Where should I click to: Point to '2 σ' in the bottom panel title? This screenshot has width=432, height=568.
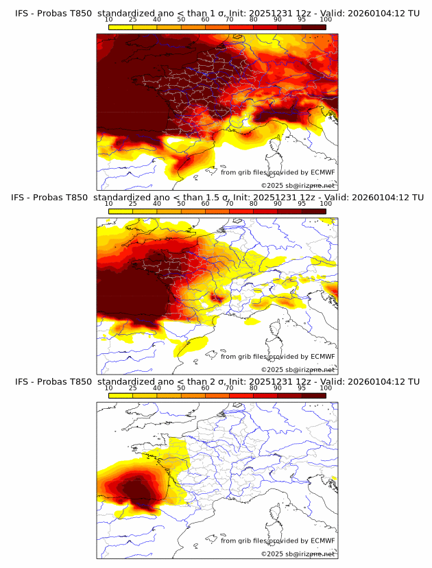tap(211, 381)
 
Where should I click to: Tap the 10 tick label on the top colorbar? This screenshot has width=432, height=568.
tap(109, 19)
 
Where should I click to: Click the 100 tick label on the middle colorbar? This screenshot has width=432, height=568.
tap(326, 203)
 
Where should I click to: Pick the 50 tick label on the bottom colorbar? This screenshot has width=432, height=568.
tap(181, 388)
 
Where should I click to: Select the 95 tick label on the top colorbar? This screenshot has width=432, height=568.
tap(302, 19)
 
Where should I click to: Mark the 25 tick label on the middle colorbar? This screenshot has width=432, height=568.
tap(133, 203)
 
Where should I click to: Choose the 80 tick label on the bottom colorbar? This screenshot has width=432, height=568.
tap(254, 388)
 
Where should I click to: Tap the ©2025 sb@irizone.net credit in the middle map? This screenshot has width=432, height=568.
tap(298, 370)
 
